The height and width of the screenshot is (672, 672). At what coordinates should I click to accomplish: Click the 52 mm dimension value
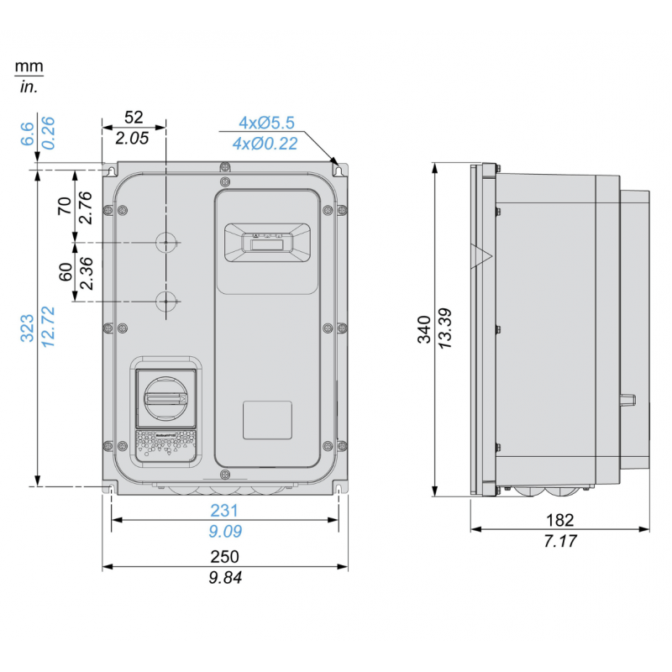134,118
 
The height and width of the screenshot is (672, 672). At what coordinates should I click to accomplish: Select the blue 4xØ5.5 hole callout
266,123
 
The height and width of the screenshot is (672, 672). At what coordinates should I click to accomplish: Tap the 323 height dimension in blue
27,328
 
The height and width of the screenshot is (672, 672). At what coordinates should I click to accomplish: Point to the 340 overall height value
425,329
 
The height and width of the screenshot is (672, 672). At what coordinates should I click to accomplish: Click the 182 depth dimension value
560,521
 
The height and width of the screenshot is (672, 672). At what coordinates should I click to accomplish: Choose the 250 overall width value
225,557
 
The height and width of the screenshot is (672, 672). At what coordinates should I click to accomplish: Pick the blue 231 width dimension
225,510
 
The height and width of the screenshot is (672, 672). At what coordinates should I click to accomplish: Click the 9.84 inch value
225,577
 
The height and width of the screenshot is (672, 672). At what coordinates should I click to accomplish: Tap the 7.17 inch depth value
560,542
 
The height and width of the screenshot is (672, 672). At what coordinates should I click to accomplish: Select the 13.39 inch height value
445,329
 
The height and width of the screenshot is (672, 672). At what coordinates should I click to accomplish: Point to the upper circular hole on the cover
168,243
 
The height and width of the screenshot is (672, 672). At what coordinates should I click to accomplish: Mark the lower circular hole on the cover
168,301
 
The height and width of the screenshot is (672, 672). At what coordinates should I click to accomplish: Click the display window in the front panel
269,243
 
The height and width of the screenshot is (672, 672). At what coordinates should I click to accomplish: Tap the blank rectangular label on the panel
268,419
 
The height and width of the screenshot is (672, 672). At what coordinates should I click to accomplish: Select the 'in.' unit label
29,86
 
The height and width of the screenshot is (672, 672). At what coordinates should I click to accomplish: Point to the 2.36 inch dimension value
85,272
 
